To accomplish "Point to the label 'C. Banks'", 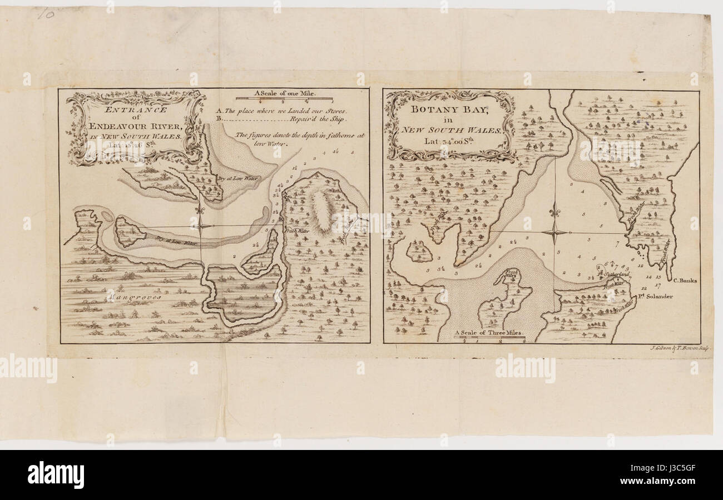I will tap(685, 281).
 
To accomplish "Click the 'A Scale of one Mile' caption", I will tap(285, 93).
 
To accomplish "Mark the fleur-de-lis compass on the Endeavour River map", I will tap(201, 223).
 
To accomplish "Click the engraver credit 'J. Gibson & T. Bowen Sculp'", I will tap(680, 348).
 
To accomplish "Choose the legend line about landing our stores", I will tap(285, 111).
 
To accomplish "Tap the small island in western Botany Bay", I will tap(419, 252).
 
